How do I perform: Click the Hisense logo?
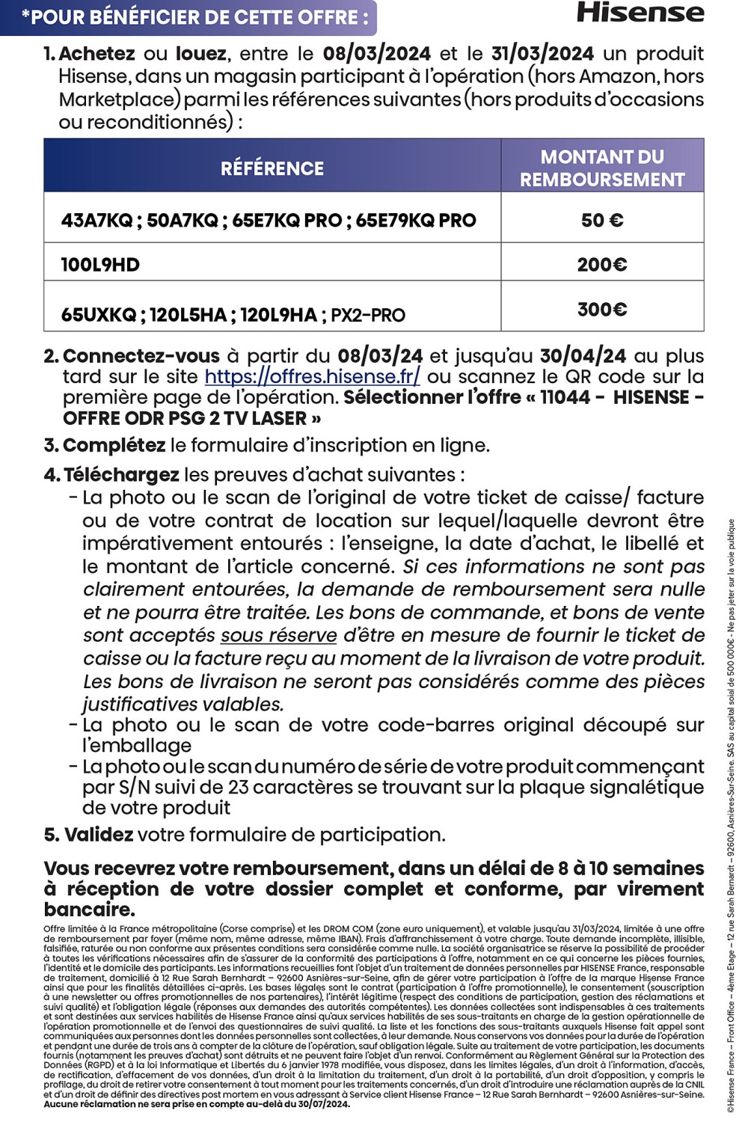pos(640,13)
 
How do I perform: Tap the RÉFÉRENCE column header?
pos(272,168)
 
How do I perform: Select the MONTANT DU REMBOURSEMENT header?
pos(602,168)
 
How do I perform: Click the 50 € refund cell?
pos(602,220)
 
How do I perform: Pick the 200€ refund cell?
pos(602,264)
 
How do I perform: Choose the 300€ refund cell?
pos(602,309)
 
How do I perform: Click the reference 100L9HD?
pos(100,265)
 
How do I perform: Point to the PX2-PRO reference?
pos(368,315)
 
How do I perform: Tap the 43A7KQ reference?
pos(96,221)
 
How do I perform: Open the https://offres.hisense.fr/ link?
pos(312,376)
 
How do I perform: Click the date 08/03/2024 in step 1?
pos(376,54)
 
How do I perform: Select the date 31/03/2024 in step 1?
pos(542,54)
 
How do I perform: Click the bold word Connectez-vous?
pos(141,356)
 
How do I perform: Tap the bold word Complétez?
pos(114,445)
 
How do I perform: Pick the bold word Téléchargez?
pos(121,475)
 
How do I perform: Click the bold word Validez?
pos(99,835)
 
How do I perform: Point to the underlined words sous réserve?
pos(278,636)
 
